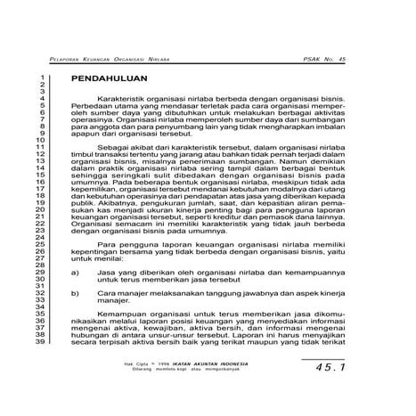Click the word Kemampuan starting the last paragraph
click(x=122, y=315)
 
